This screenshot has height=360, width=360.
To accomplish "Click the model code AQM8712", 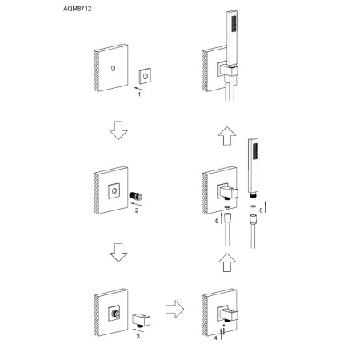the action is click(78, 9).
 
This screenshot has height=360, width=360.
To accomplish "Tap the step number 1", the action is click(139, 94).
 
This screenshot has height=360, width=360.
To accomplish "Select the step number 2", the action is click(137, 210).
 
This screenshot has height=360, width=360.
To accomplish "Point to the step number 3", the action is click(138, 337).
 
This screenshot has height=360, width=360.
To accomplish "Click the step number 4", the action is click(215, 338).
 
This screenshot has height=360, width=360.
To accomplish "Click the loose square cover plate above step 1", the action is click(146, 76).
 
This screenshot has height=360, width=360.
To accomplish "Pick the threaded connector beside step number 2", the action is click(136, 196).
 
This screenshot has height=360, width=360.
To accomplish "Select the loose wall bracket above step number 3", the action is click(142, 320).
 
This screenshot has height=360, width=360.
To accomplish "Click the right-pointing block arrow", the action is click(174, 310).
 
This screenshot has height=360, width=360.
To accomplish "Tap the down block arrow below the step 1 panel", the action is click(118, 130).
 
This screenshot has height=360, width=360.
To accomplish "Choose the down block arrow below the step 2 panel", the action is click(118, 253).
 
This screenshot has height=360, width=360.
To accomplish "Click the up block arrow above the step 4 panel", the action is click(227, 262).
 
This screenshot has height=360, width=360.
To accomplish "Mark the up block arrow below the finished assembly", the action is click(227, 136).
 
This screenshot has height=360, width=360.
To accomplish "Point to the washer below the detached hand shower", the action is click(253, 206).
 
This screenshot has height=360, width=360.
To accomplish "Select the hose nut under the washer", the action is click(253, 219).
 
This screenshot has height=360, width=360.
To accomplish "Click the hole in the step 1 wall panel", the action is click(114, 68).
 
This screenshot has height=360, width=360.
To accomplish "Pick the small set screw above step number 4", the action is click(224, 326).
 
